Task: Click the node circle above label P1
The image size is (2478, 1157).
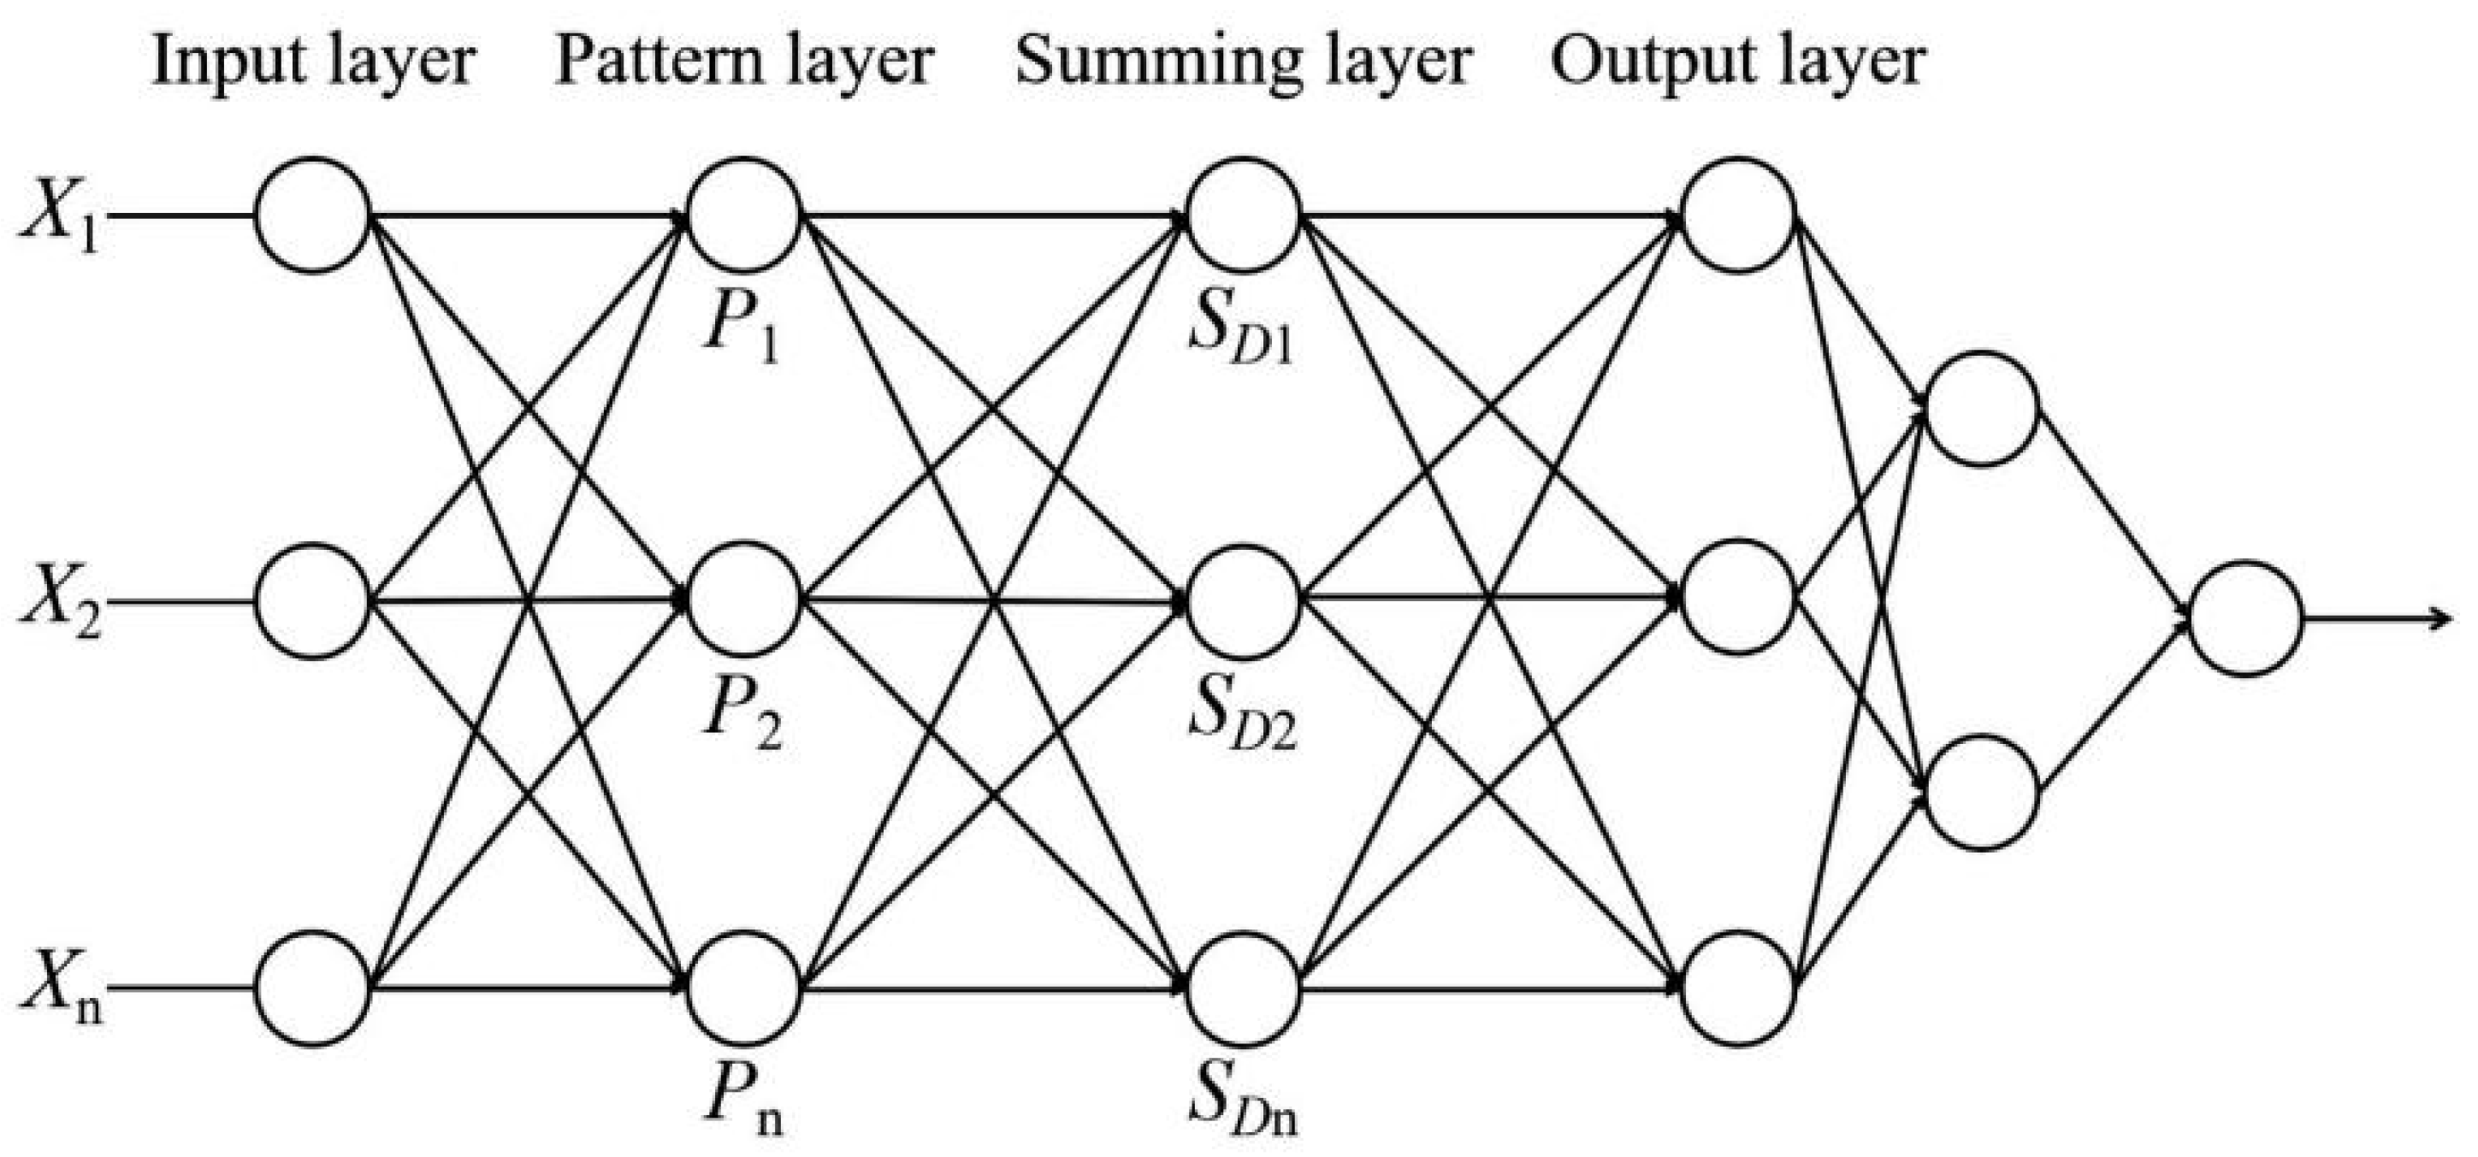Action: coord(743,215)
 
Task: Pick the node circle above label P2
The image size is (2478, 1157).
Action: coord(743,600)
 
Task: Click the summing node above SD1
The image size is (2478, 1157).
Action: coord(1243,215)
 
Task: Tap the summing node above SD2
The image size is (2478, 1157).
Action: coord(1243,602)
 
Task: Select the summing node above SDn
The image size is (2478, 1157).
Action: coord(1243,988)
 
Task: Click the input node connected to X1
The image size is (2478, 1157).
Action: coord(312,215)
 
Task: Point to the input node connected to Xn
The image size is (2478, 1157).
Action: coord(312,988)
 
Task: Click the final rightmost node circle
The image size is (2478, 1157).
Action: coord(2245,618)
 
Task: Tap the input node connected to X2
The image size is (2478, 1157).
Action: coord(312,601)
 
